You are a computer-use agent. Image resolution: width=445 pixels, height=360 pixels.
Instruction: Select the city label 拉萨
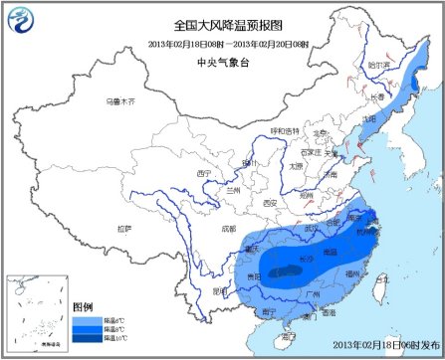124,229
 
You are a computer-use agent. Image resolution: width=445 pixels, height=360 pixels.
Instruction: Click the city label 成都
229,231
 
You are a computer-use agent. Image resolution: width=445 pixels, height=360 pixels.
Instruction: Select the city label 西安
270,203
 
